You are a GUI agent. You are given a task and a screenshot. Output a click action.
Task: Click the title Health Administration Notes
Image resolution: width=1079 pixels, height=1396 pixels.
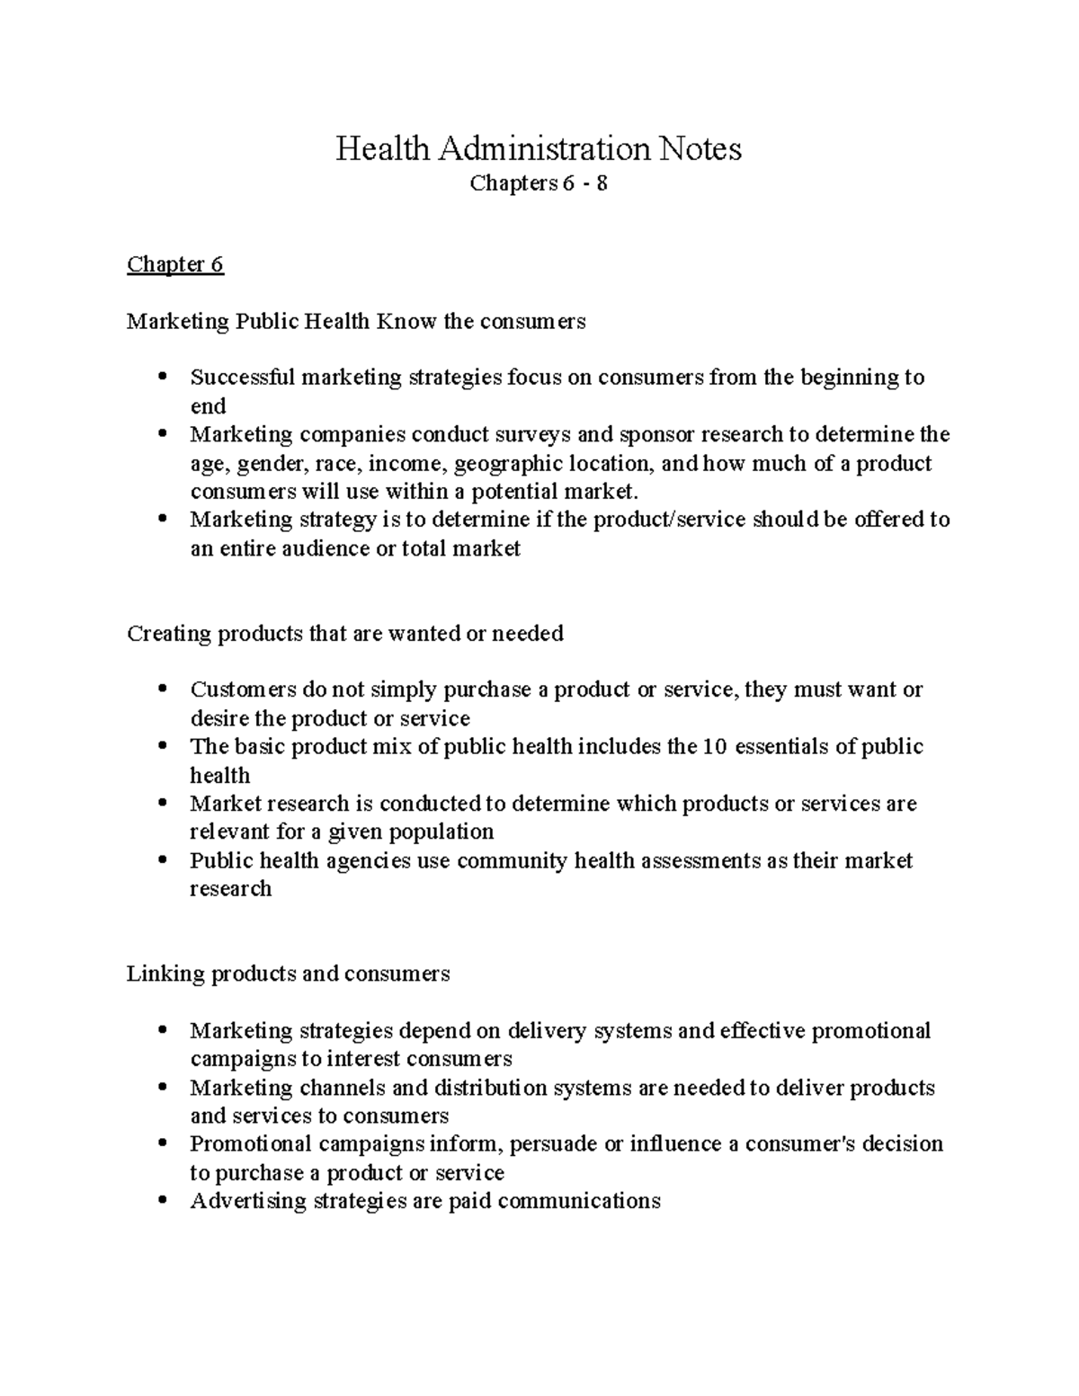coord(539,148)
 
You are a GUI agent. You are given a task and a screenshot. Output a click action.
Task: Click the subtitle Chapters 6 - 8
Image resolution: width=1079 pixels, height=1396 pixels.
coord(539,183)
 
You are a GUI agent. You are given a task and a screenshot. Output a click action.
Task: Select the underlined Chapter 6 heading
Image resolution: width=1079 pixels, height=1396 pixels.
coord(175,264)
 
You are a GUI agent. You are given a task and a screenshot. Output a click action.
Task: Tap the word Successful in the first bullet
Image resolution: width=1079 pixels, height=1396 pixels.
coord(242,378)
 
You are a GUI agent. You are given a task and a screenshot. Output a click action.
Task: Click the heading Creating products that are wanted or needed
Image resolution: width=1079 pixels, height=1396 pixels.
coord(345,634)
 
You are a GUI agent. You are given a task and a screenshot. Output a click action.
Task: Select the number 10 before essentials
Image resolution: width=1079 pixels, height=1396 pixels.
coord(714,747)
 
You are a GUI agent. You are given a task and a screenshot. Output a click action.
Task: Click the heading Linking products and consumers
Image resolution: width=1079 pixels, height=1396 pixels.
coord(288,974)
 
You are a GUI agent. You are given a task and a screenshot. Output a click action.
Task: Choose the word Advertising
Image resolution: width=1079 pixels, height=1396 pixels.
coord(248,1201)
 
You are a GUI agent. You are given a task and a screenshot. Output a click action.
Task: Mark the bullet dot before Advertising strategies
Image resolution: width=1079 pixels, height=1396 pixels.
coord(162,1201)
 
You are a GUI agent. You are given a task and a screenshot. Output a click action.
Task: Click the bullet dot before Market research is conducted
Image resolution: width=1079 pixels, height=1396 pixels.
coord(162,804)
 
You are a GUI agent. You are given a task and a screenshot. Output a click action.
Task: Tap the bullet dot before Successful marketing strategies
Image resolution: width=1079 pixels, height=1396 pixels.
coord(162,378)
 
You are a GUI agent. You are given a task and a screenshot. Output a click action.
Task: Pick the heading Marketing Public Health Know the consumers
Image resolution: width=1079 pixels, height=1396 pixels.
coord(356,321)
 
